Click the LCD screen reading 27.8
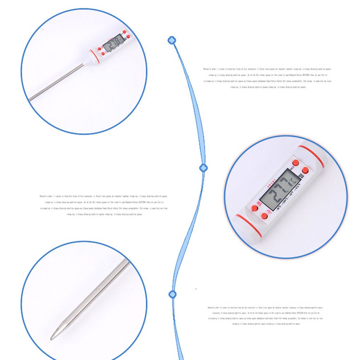[x=113, y=44]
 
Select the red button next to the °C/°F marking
[x=264, y=216]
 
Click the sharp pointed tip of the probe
[x=52, y=338]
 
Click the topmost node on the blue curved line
[x=172, y=40]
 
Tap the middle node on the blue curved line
[x=203, y=168]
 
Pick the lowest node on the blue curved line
[x=173, y=294]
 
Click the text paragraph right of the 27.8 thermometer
[x=267, y=78]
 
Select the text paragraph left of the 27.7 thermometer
[x=104, y=205]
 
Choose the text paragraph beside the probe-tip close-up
[x=265, y=316]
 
